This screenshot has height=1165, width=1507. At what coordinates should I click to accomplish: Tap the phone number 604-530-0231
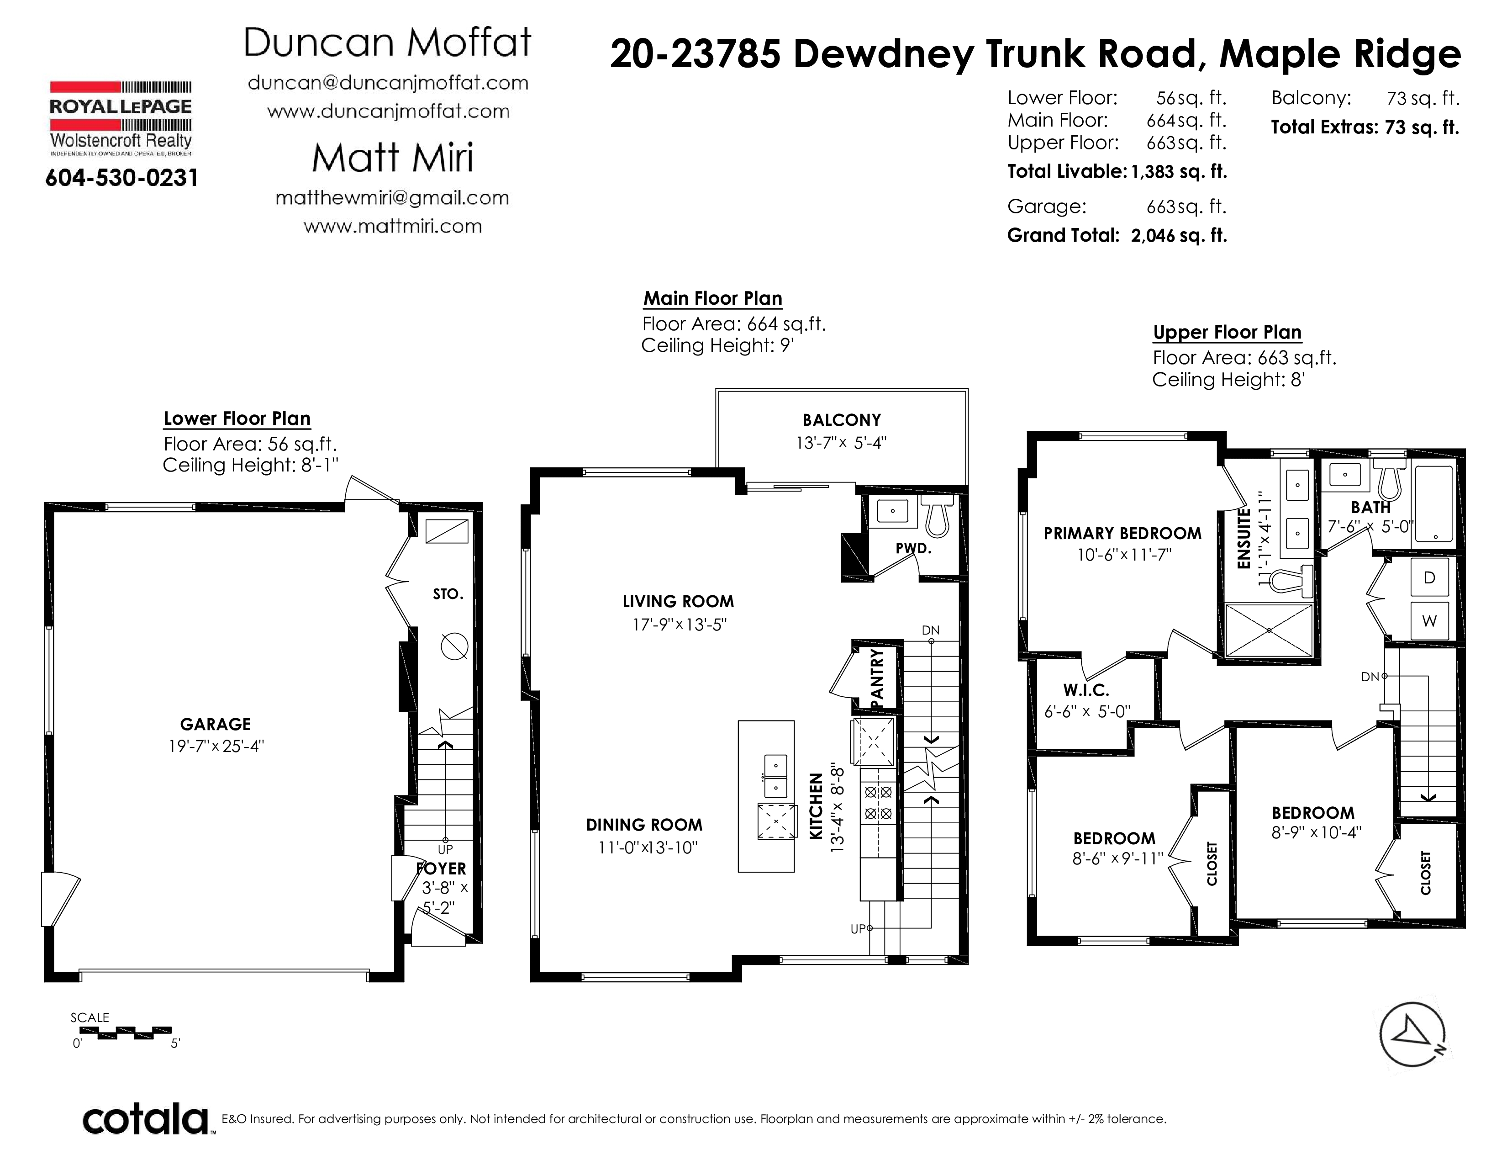(x=121, y=178)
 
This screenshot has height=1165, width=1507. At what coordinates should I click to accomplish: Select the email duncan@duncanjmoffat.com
(x=388, y=83)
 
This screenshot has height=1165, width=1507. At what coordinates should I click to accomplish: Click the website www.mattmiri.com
(x=393, y=226)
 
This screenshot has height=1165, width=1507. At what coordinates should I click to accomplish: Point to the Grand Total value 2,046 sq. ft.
(x=1179, y=235)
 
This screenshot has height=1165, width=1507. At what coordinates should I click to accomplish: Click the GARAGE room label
(x=215, y=724)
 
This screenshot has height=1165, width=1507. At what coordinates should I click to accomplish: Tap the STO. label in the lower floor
(x=448, y=593)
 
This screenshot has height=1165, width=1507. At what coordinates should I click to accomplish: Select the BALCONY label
(x=841, y=420)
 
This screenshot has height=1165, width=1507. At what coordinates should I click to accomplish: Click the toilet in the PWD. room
(x=937, y=515)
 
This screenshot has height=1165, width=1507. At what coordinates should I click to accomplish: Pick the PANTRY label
(x=877, y=678)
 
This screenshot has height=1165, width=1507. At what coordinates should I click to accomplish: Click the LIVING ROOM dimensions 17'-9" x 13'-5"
(x=680, y=625)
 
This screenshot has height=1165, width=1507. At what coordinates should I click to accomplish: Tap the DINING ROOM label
(x=644, y=825)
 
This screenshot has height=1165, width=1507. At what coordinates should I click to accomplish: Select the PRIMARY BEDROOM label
(x=1122, y=534)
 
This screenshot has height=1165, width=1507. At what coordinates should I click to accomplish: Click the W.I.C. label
(x=1086, y=689)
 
